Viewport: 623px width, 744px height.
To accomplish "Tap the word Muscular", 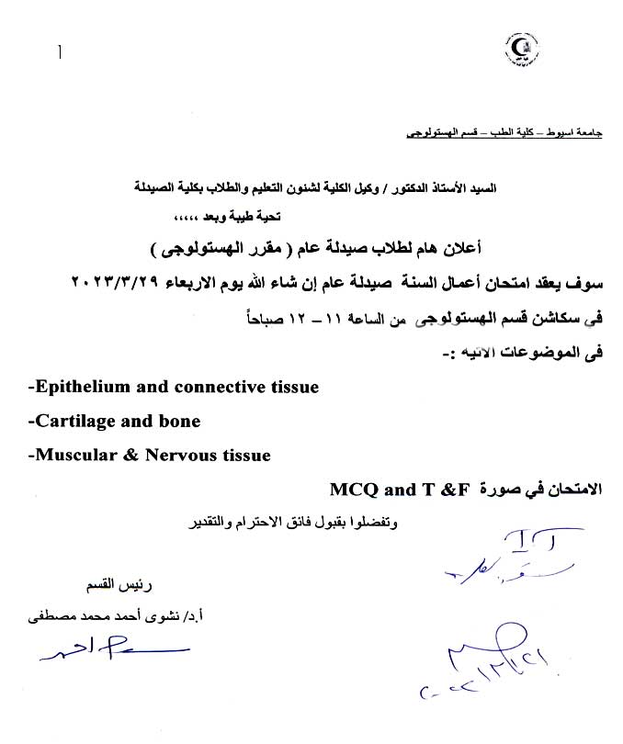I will pyautogui.click(x=70, y=455).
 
